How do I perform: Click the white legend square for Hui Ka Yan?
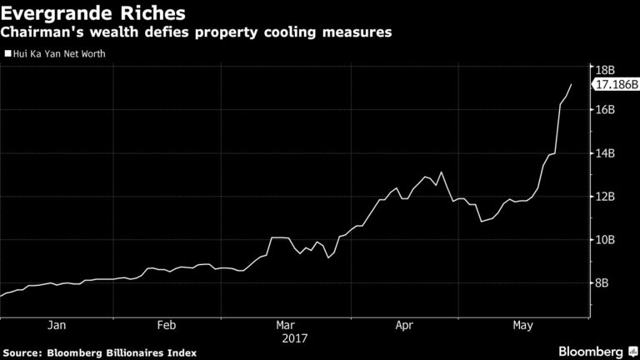pos(7,54)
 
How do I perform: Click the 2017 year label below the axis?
pos(295,339)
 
